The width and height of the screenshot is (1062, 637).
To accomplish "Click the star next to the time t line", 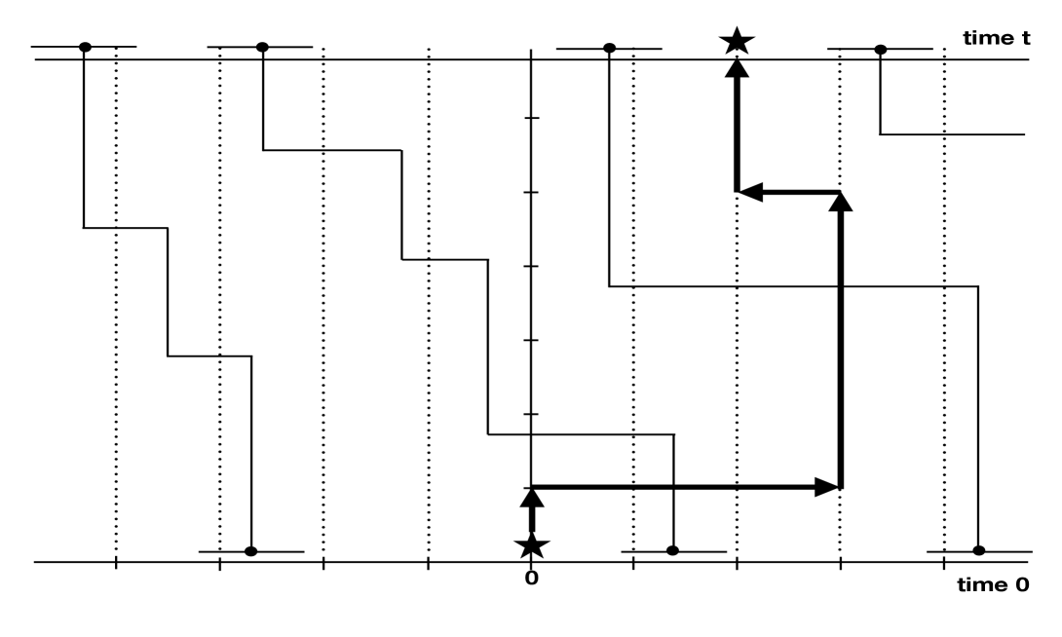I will pos(737,41).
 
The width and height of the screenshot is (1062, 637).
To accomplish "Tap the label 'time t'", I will pos(995,38).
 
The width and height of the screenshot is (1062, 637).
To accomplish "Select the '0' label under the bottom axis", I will pos(531,579).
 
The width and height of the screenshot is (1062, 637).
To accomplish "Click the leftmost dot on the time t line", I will pos(85,47).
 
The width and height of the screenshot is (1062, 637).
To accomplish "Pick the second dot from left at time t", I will pos(261,47).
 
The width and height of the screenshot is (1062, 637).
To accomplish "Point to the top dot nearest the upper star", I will pos(609,47).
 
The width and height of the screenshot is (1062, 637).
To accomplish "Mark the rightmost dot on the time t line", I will pos(880,47).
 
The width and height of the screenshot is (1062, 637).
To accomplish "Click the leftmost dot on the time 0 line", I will pos(250,551).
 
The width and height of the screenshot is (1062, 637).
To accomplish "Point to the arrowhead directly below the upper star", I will pos(737,70).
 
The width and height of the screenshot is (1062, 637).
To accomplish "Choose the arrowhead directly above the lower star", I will pos(531,497).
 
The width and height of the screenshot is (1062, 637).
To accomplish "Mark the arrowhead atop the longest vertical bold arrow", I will pos(841,202).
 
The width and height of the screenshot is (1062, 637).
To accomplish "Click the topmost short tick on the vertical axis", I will pos(531,118).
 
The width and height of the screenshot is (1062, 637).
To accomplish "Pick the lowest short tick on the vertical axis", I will pos(531,414).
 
